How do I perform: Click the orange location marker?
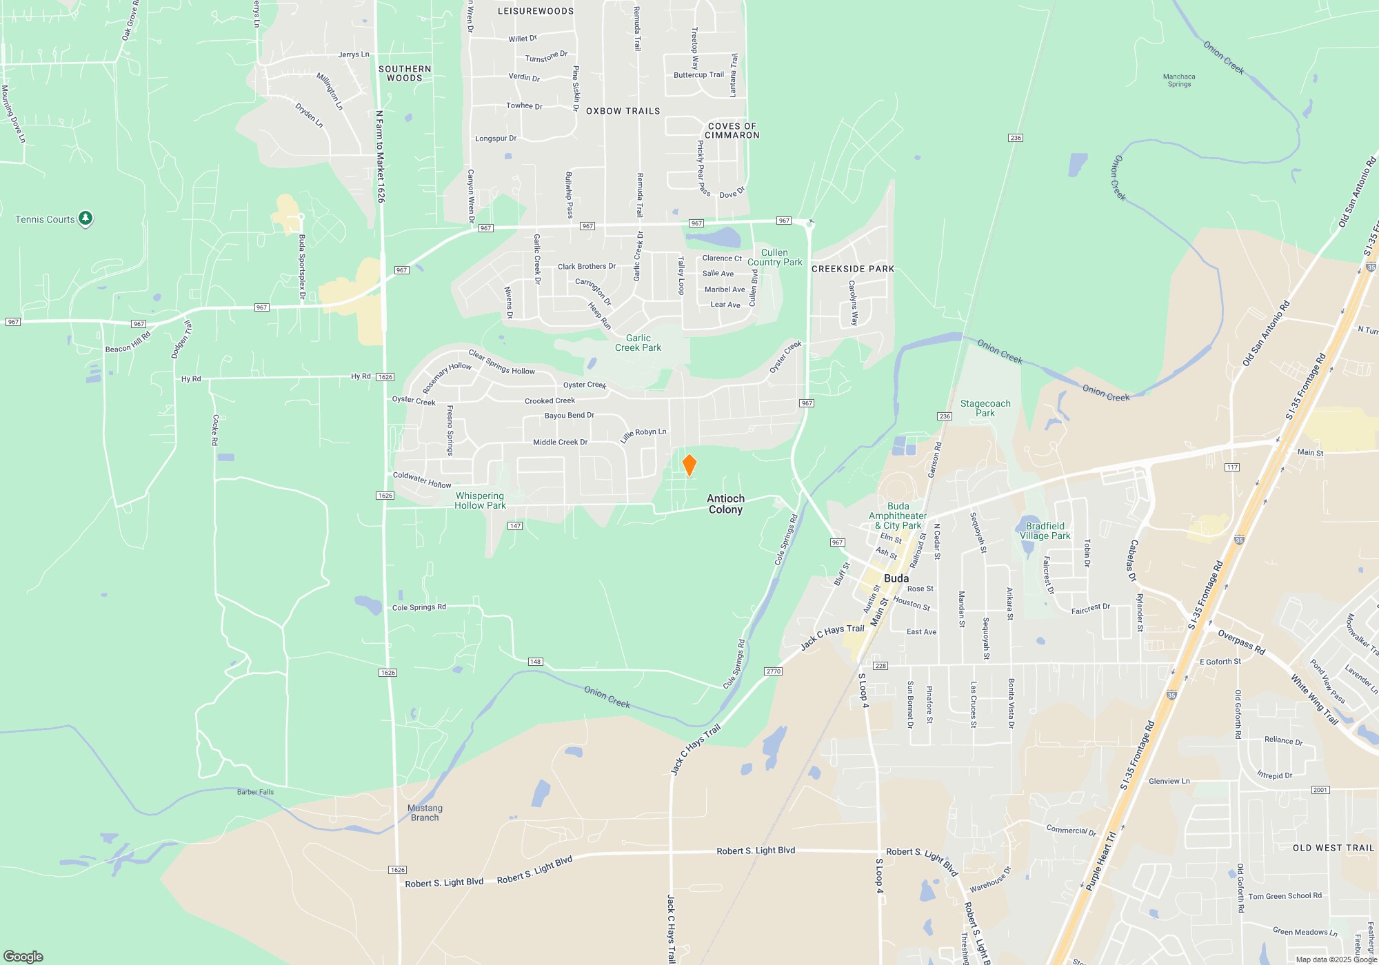pos(689,465)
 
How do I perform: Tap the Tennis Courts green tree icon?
pos(85,219)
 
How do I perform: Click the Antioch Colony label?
pos(725,504)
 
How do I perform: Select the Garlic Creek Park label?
pos(638,343)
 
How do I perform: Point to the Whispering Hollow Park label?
pos(480,500)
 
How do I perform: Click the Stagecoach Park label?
pos(985,408)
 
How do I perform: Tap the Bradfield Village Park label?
pos(1045,531)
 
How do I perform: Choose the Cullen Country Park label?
pos(774,257)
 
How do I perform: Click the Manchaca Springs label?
pos(1179,81)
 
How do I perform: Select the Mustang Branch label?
pos(425,813)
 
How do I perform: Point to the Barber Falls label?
pos(255,792)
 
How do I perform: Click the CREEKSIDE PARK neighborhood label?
pos(852,269)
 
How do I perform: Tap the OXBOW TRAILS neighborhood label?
pos(623,111)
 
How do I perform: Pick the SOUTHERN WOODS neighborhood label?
pos(405,73)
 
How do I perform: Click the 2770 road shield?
pos(773,671)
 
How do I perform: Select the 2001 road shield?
pos(1320,790)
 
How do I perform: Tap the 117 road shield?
pos(1232,467)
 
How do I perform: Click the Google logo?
pos(23,956)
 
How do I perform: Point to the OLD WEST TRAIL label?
pos(1333,848)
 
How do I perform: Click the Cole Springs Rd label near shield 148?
pos(419,607)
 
